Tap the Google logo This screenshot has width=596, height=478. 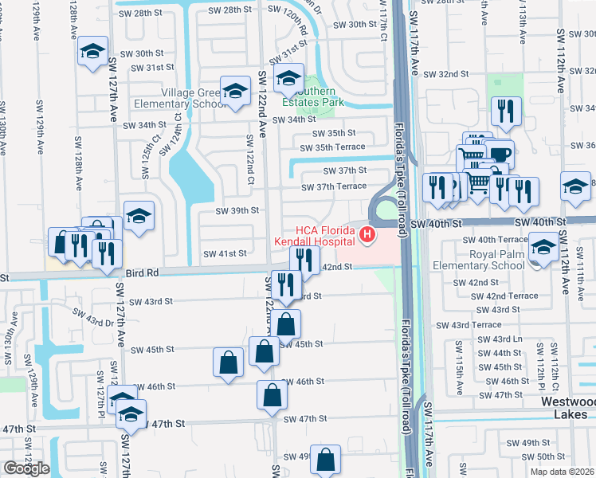tap(26, 468)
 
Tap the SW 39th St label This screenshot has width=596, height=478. tap(238, 210)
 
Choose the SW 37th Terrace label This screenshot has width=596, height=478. tap(333, 186)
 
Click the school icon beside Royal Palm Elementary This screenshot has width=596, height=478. tap(544, 246)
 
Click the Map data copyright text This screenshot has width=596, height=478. tap(562, 472)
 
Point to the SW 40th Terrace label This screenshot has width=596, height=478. tap(502, 239)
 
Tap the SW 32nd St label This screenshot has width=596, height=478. tap(445, 74)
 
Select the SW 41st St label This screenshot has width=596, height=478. tap(225, 254)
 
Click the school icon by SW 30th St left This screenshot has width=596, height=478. tap(92, 53)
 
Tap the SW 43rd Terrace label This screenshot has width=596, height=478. tap(476, 325)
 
